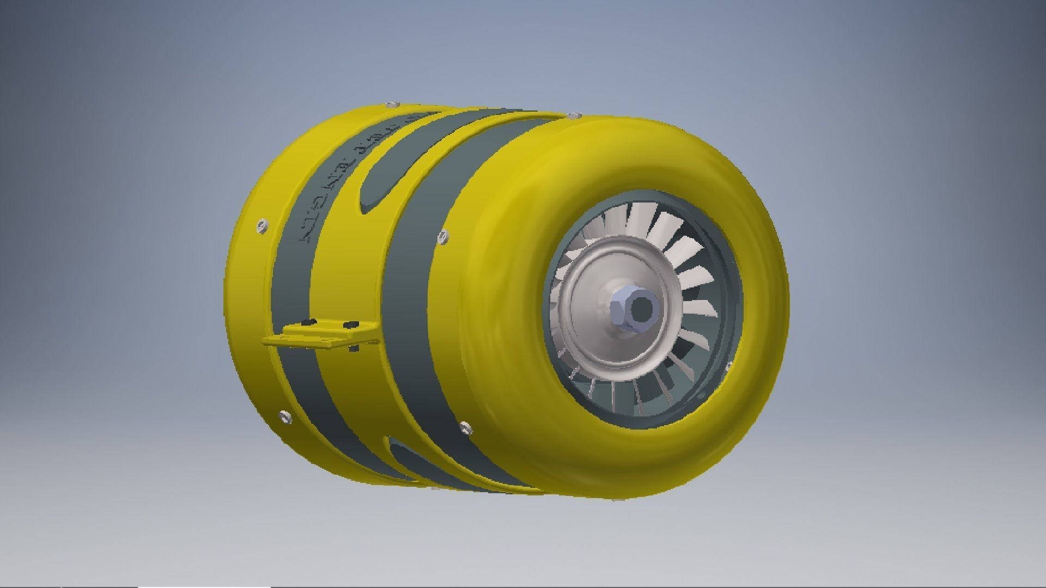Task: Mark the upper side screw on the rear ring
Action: (x=262, y=224)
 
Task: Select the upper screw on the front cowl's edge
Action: (x=443, y=235)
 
